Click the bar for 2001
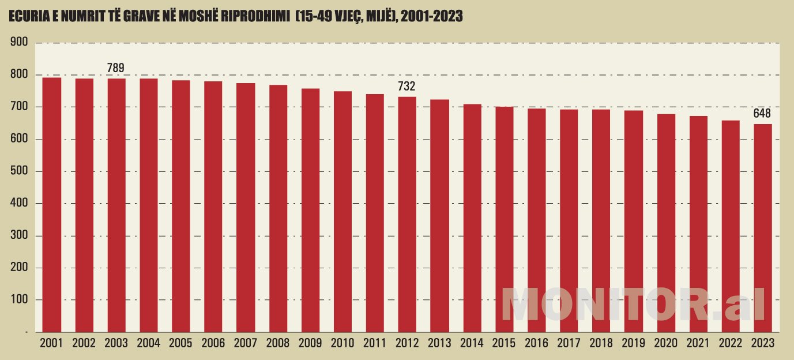[x=52, y=205]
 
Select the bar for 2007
[x=246, y=208]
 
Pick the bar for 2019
[x=634, y=222]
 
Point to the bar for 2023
[x=762, y=228]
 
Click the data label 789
[x=116, y=69]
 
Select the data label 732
[x=407, y=87]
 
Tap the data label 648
[x=762, y=114]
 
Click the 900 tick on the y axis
[x=19, y=42]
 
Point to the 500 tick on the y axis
[x=19, y=171]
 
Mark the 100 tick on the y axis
[x=19, y=300]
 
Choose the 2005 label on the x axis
[x=181, y=343]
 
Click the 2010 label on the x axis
[x=343, y=343]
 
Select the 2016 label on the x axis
[x=536, y=343]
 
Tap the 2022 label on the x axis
[x=731, y=343]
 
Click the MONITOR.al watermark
[x=633, y=304]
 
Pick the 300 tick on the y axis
[x=19, y=236]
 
